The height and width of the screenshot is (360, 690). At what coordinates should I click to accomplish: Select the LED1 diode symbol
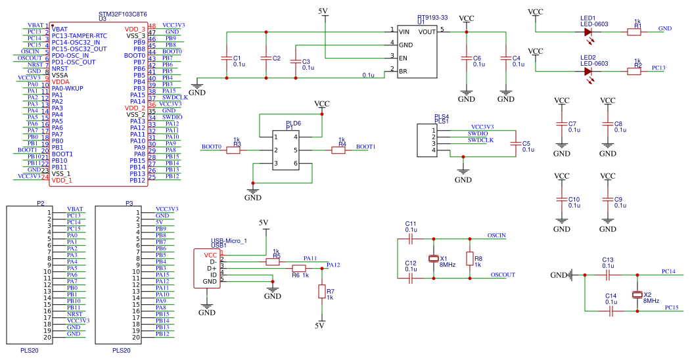point(588,31)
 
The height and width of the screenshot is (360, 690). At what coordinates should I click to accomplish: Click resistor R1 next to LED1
point(633,31)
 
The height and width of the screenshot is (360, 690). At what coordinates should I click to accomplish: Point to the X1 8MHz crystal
point(433,258)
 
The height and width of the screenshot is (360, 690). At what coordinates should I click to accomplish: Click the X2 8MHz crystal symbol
point(636,294)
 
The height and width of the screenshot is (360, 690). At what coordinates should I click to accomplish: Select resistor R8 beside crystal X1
point(469,258)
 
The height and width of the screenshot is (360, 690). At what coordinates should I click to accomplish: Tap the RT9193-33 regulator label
point(432,18)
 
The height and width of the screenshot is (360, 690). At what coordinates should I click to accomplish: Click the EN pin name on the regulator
point(403,58)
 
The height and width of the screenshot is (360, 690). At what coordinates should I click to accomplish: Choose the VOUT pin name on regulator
point(426,31)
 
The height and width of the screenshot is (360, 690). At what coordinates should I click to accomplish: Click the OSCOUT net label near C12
point(503,275)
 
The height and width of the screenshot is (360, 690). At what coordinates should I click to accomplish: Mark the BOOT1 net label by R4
point(365,146)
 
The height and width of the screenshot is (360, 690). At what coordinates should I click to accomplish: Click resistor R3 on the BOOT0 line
point(234,150)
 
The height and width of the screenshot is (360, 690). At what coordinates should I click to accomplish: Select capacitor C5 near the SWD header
point(516,146)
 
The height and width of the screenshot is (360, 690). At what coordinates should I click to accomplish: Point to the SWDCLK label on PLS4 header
point(480,140)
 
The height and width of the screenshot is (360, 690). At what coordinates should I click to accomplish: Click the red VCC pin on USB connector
point(210,254)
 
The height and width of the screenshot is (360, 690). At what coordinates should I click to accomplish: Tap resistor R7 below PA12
point(321,291)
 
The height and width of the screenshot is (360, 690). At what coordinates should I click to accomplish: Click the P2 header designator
point(41,204)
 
